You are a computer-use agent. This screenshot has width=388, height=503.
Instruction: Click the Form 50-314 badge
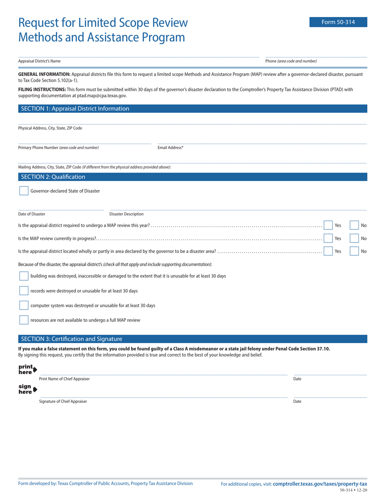(x=338, y=22)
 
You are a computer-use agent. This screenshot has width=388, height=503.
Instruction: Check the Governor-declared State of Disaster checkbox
(x=24, y=191)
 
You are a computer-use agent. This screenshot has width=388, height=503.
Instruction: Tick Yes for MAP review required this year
(x=328, y=225)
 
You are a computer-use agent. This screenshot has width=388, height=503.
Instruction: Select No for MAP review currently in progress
(x=354, y=238)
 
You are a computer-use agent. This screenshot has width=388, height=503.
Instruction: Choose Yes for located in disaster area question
(x=328, y=251)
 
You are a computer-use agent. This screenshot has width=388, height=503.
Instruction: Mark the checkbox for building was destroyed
(x=24, y=276)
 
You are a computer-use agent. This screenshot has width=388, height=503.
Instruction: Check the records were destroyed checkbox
(x=24, y=291)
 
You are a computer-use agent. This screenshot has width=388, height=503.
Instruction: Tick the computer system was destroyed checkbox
(x=24, y=305)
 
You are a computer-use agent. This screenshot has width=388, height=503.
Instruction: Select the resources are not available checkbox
(x=24, y=320)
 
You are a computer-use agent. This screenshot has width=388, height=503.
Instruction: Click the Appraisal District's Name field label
(x=39, y=61)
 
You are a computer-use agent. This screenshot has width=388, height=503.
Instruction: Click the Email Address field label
(x=170, y=148)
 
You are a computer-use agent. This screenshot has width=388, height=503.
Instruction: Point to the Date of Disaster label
(x=31, y=214)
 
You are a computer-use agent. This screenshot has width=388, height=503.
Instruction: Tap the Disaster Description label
(x=126, y=214)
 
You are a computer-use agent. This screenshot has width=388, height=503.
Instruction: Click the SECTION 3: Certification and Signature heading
(x=71, y=339)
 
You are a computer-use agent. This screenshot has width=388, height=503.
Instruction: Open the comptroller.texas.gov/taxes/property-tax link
(x=320, y=484)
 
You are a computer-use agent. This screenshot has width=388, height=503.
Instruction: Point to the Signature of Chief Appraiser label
(x=63, y=402)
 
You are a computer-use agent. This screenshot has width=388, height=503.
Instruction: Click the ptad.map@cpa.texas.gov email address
(x=102, y=96)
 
